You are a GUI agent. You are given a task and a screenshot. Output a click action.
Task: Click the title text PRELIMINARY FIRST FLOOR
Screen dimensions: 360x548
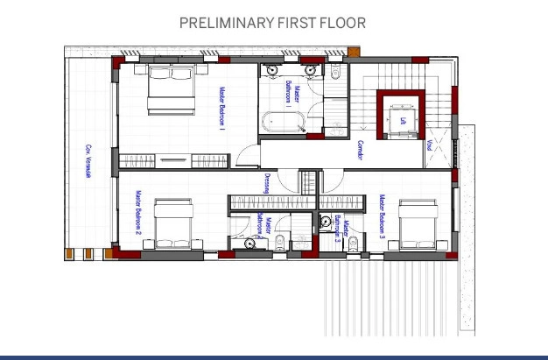click(x=272, y=23)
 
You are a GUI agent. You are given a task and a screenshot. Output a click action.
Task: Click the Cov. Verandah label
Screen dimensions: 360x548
click(x=88, y=161)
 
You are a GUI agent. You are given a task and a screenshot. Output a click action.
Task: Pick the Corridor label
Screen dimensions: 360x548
click(x=360, y=151)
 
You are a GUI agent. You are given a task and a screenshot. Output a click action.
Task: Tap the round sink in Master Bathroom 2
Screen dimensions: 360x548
click(x=249, y=241)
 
